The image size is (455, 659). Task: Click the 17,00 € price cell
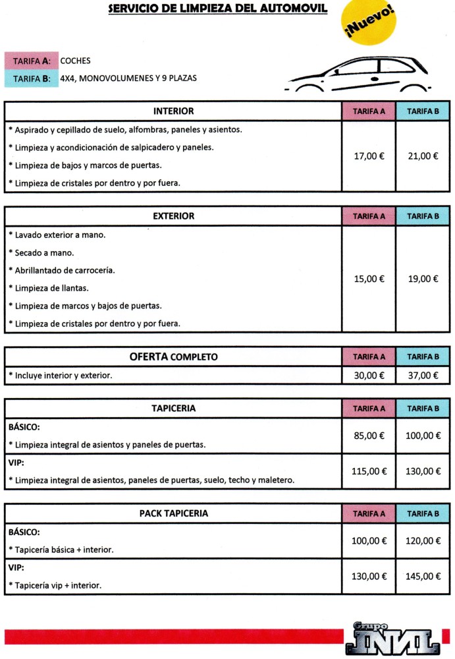point(369,156)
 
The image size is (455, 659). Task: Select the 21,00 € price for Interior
point(423,156)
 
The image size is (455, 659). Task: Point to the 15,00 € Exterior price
point(369,279)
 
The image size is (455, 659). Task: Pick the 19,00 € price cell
point(423,279)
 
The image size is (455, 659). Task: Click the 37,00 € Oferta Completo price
point(423,375)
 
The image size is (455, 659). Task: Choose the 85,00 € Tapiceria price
point(369,436)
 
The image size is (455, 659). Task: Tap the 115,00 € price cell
point(369,471)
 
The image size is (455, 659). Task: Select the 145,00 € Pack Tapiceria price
point(423,576)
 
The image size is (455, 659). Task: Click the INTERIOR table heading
point(173,111)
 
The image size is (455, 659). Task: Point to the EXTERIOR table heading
point(173,216)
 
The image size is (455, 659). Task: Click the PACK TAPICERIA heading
point(173,513)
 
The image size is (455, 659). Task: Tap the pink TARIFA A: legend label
point(32,61)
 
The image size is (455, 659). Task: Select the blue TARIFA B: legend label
point(32,78)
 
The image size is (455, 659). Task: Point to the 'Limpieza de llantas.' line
point(51,288)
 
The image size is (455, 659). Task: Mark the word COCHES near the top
point(75,61)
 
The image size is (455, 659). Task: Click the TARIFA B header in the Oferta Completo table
point(423,357)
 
